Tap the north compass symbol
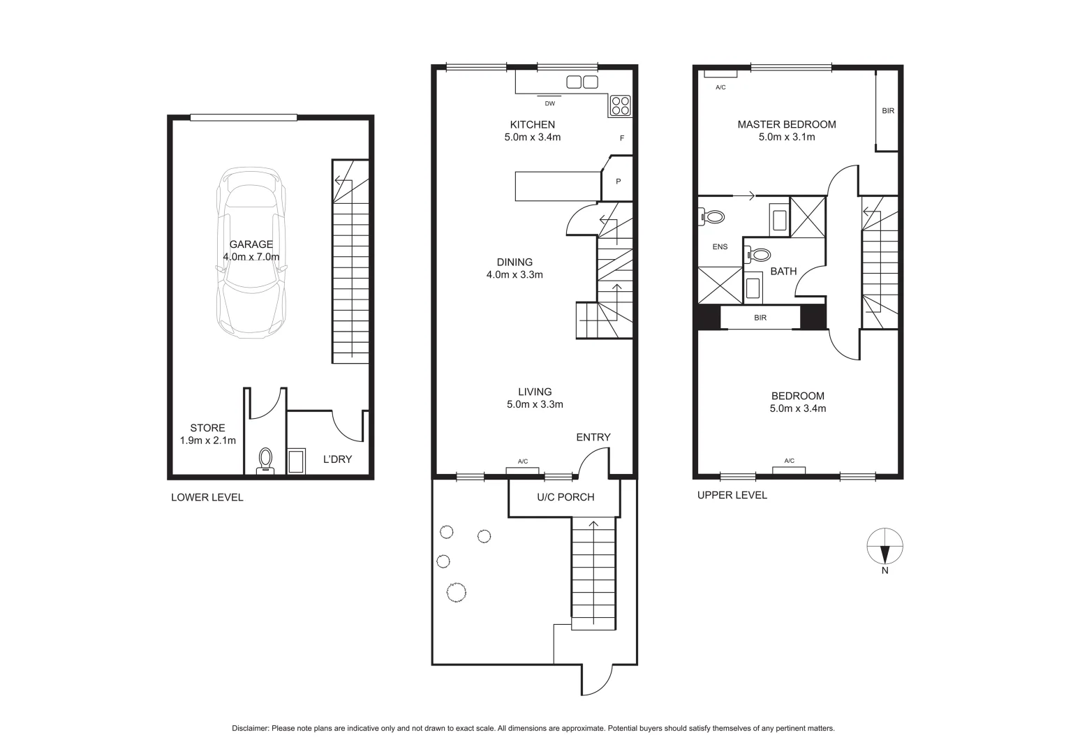click(884, 545)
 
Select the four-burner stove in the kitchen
click(621, 105)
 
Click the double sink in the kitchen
click(582, 82)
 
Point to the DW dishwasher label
click(549, 104)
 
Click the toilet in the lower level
click(266, 461)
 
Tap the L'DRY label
click(337, 459)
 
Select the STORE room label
click(207, 428)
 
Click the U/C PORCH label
click(565, 497)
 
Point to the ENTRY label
click(593, 437)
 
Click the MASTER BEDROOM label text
click(786, 124)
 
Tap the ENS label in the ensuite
click(720, 246)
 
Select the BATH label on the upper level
click(783, 271)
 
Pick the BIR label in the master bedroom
click(887, 110)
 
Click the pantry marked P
click(618, 182)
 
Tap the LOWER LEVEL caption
click(207, 498)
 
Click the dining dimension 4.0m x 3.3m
click(515, 275)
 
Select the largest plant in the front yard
click(456, 592)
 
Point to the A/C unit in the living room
click(522, 469)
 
